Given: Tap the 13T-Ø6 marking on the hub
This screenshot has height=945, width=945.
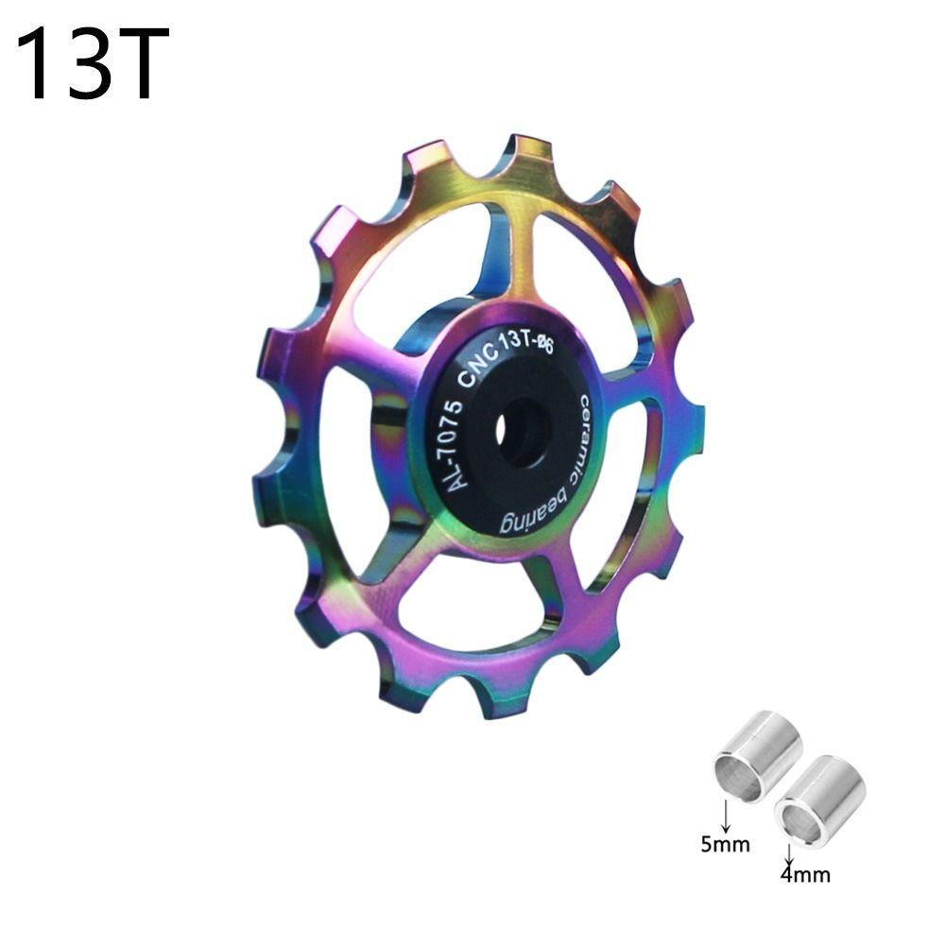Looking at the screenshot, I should pyautogui.click(x=531, y=349).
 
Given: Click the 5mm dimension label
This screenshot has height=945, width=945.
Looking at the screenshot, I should pyautogui.click(x=725, y=843).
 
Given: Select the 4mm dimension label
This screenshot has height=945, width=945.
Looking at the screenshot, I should pyautogui.click(x=805, y=874).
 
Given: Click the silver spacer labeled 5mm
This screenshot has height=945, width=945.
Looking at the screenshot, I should pyautogui.click(x=758, y=756).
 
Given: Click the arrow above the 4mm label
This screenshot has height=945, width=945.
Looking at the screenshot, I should pyautogui.click(x=788, y=852).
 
